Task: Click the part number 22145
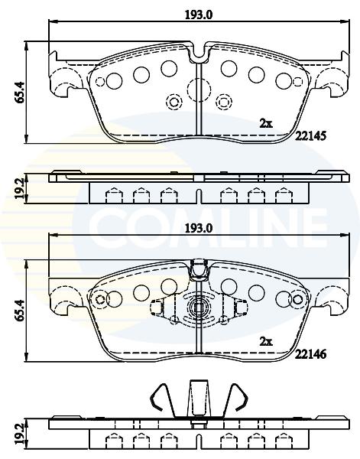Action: pyautogui.click(x=310, y=136)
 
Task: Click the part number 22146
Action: pyautogui.click(x=310, y=354)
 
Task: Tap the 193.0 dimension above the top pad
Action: pyautogui.click(x=199, y=15)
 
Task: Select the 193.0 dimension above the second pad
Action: pyautogui.click(x=199, y=229)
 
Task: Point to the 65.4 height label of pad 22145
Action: pyautogui.click(x=20, y=93)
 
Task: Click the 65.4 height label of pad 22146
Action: pyautogui.click(x=20, y=311)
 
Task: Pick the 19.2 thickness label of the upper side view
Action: pyautogui.click(x=20, y=189)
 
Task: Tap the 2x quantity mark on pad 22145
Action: pyautogui.click(x=266, y=124)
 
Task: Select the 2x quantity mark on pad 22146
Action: pyautogui.click(x=266, y=341)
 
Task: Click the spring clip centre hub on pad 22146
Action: pyautogui.click(x=199, y=308)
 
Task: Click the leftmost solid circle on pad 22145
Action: pyautogui.click(x=114, y=81)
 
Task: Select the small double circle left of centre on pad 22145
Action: pyautogui.click(x=174, y=102)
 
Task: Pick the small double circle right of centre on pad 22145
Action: pyautogui.click(x=224, y=102)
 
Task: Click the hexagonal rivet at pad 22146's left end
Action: pyautogui.click(x=100, y=299)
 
